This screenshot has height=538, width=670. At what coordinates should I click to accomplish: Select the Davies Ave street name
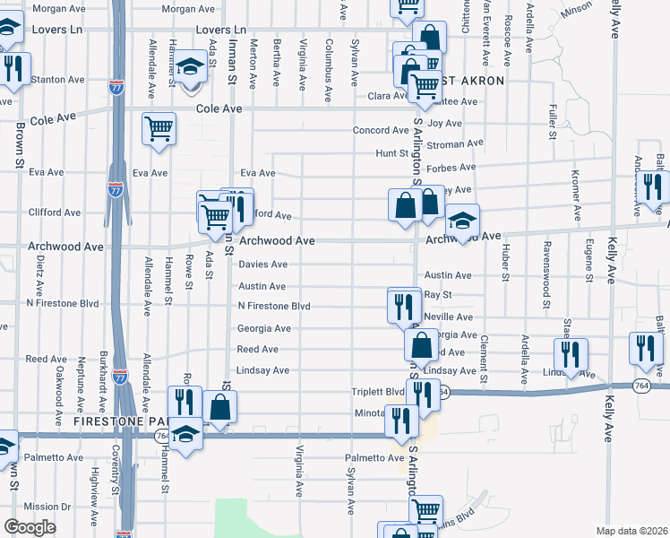click(x=262, y=265)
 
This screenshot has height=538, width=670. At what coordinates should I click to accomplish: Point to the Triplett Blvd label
click(x=377, y=392)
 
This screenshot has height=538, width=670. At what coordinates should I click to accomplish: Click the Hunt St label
click(x=391, y=154)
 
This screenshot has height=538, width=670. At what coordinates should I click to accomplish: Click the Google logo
click(x=30, y=527)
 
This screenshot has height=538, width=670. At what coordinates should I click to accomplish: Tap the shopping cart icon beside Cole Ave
click(x=159, y=128)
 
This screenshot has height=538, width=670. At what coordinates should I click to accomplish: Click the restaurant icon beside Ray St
click(x=404, y=306)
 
